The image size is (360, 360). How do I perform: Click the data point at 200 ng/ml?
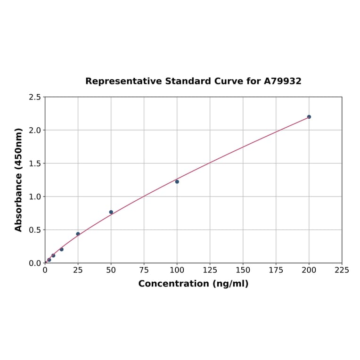pos(309,117)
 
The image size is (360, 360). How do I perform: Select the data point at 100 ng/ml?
pos(177,181)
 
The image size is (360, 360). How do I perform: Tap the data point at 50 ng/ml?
pos(111,212)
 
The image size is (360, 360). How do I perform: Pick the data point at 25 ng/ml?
pos(78,234)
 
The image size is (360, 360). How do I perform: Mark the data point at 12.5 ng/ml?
pos(61,249)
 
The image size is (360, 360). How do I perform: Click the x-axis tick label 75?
pos(144,270)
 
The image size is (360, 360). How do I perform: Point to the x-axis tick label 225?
pos(342,270)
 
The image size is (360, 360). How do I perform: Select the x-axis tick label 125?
pos(210,270)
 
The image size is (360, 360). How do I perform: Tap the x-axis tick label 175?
pos(276,270)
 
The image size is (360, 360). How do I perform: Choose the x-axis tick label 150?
pos(243,270)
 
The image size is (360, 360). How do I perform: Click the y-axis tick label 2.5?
pos(35,97)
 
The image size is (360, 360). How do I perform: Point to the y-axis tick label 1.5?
pos(35,164)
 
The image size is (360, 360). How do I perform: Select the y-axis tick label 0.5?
pos(35,230)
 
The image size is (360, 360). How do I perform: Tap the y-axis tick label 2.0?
pos(35,130)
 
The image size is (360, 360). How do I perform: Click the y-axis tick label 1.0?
pos(35,196)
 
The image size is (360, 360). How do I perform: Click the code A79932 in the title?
pos(282,81)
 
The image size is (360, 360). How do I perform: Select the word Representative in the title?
pos(123,81)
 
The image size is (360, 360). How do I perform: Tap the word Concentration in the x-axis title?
pos(173,284)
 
